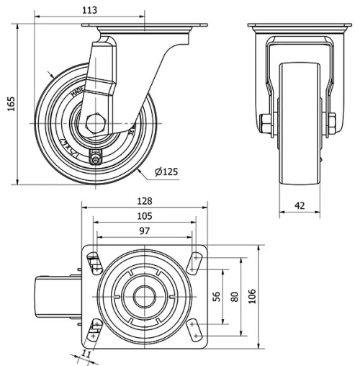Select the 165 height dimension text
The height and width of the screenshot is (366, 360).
(x=9, y=104)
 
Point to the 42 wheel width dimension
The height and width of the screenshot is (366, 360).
(x=300, y=205)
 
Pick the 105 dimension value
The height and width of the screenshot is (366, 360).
(x=145, y=217)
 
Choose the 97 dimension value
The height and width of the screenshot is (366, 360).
(x=145, y=231)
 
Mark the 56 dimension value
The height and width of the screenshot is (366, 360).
(x=215, y=296)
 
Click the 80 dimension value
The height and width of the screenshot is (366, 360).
(x=234, y=296)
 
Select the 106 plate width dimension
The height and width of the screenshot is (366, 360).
(x=252, y=296)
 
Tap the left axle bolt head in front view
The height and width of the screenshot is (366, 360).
(x=265, y=122)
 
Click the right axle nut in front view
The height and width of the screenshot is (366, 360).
(x=332, y=122)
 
